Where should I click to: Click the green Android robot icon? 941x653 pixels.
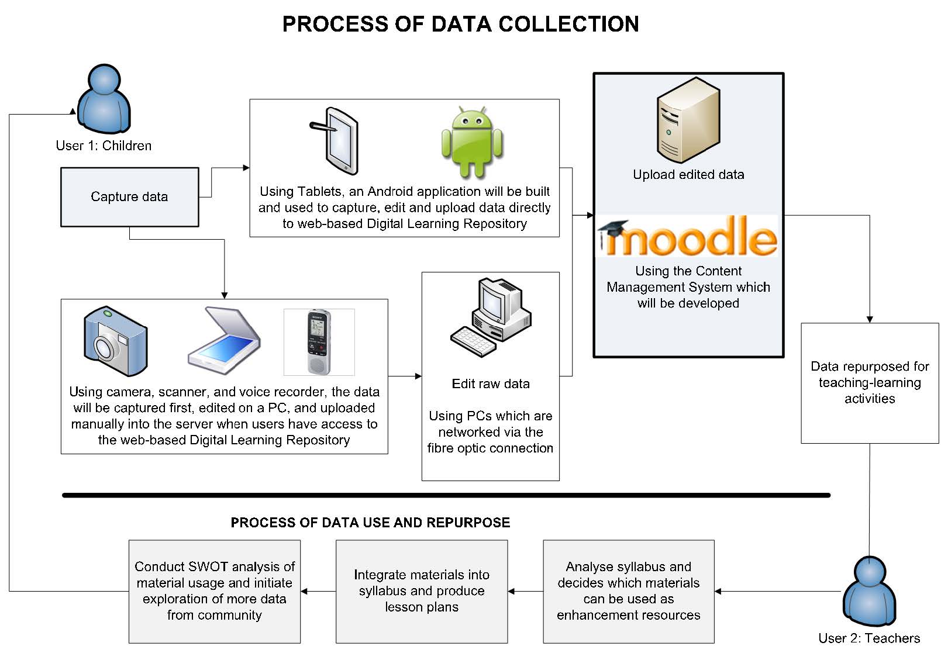click(472, 142)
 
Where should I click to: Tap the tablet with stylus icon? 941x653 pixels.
click(335, 141)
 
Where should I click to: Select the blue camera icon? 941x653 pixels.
click(115, 341)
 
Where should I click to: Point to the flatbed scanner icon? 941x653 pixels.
click(224, 341)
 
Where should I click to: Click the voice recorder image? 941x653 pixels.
click(319, 342)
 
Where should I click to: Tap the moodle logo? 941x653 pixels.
click(688, 237)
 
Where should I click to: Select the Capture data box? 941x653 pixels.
click(129, 197)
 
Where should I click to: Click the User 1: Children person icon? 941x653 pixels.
click(104, 99)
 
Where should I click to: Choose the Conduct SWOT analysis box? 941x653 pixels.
click(215, 591)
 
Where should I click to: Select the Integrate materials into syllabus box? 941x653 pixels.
click(422, 591)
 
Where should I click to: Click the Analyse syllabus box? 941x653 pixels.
click(629, 591)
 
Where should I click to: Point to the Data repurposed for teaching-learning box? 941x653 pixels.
click(870, 383)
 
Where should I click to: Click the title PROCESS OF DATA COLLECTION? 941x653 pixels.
click(460, 24)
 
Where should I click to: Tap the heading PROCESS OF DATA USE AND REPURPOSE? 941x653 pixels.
click(370, 523)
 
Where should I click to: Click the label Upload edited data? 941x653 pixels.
click(688, 174)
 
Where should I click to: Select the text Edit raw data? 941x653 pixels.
click(491, 383)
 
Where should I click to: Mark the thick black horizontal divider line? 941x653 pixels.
click(446, 495)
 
